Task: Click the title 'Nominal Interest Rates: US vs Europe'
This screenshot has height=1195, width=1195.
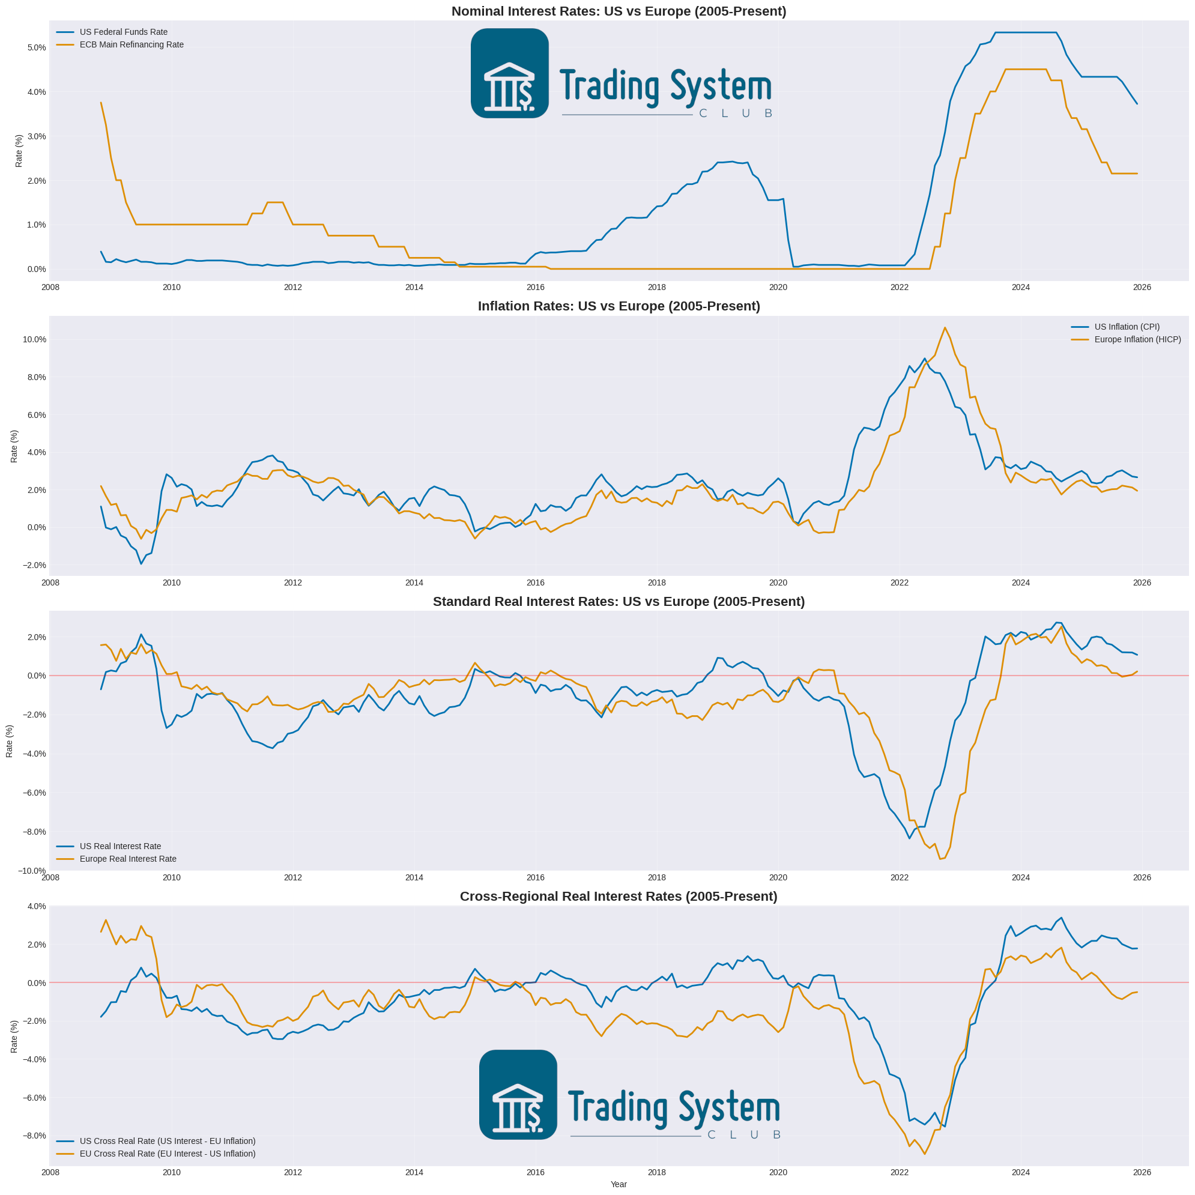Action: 619,11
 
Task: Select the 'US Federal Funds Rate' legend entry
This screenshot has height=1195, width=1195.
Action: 123,32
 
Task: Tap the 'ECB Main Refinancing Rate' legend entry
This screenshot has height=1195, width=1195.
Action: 131,44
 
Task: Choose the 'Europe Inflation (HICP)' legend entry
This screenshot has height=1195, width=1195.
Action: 1137,339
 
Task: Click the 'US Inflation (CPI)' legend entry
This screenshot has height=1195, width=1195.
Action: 1127,327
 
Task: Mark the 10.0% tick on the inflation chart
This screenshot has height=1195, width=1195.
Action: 35,339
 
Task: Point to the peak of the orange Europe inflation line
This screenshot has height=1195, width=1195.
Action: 945,328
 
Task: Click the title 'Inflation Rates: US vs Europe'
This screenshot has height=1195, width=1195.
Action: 619,306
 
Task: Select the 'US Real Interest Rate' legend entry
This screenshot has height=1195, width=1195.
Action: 120,846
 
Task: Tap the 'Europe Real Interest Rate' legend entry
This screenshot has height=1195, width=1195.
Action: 127,859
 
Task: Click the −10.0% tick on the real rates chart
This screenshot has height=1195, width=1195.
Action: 32,871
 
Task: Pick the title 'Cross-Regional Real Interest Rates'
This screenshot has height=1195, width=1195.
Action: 619,896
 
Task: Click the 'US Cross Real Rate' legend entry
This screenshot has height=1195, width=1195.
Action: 167,1141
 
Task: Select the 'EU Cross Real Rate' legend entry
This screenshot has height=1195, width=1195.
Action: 167,1154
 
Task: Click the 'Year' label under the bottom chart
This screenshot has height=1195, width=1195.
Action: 619,1184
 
